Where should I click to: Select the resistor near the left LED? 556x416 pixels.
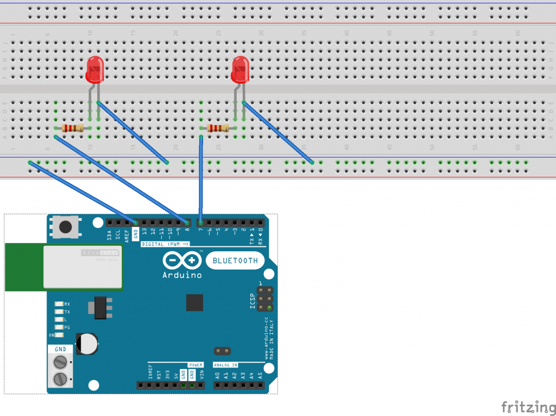coord(72,128)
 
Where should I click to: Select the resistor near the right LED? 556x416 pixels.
coord(217,128)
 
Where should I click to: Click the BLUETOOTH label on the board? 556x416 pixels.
coord(235,261)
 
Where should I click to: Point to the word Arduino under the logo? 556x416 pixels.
coord(182,275)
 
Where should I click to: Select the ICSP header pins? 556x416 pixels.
coord(264,299)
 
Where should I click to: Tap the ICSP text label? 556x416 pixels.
coord(252,301)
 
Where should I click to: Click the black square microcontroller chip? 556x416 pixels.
coord(194,302)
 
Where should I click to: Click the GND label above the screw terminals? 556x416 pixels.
coord(61,350)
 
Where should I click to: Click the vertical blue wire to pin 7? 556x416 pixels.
coord(201,179)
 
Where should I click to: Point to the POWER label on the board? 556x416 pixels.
coord(195,365)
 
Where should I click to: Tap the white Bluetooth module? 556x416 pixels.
coord(82,266)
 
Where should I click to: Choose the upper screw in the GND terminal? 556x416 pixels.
coord(61,363)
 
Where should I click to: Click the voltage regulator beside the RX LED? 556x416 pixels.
coord(99,307)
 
